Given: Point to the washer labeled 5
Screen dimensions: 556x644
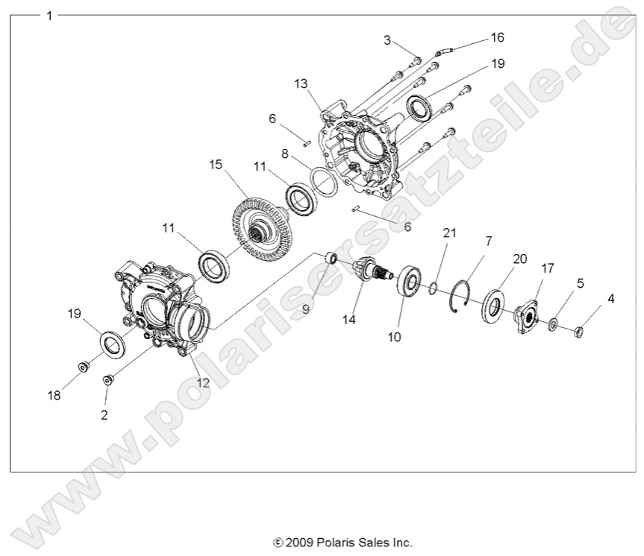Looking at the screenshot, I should (x=553, y=325).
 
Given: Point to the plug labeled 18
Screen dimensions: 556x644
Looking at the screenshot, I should (x=84, y=366).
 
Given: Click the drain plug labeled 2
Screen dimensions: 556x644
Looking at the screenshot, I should (x=108, y=380).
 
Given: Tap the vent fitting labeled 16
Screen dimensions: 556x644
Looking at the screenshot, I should (x=445, y=51).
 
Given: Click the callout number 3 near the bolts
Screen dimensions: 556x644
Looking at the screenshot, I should (x=387, y=40).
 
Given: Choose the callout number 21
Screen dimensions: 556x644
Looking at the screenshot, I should (x=448, y=233).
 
